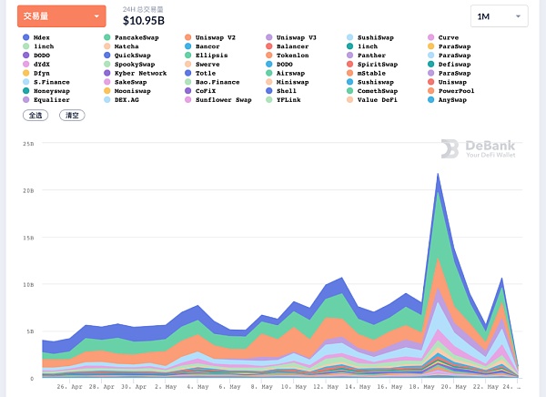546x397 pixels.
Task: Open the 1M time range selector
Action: point(499,16)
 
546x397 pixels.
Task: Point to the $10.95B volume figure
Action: point(144,20)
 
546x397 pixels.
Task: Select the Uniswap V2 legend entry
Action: point(215,37)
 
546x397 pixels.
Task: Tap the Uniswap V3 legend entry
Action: point(296,37)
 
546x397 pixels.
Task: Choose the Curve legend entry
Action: point(449,37)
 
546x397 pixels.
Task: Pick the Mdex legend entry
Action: point(42,37)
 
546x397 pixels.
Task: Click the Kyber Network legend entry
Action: point(140,73)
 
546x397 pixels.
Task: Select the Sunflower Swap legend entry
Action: point(223,99)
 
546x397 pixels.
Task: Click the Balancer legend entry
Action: point(292,46)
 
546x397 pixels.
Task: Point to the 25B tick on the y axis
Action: point(29,144)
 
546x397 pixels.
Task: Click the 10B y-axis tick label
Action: point(29,284)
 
